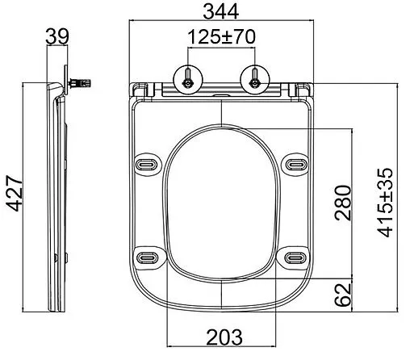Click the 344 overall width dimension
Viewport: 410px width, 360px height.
(x=220, y=11)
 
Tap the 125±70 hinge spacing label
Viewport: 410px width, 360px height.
(x=221, y=37)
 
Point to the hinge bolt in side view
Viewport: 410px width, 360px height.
(x=82, y=82)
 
